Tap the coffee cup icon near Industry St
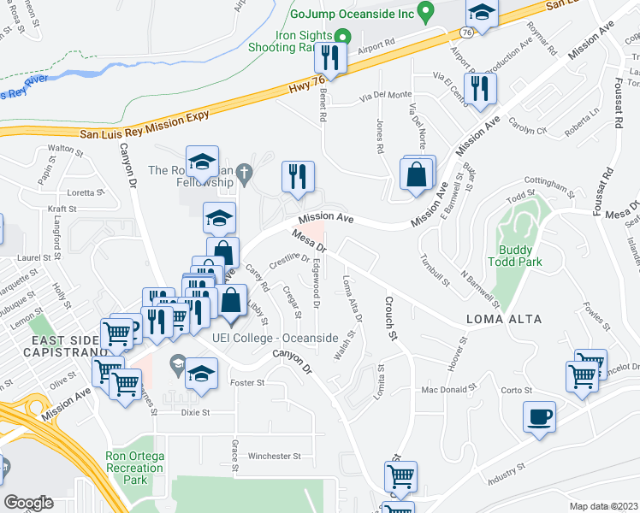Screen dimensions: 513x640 (x=539, y=418)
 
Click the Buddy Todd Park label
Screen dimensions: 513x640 (x=522, y=256)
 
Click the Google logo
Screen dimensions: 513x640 (x=28, y=503)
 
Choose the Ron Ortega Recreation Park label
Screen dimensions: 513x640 (x=133, y=468)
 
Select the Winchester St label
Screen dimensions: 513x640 (x=274, y=457)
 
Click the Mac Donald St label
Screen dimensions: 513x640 (x=447, y=391)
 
